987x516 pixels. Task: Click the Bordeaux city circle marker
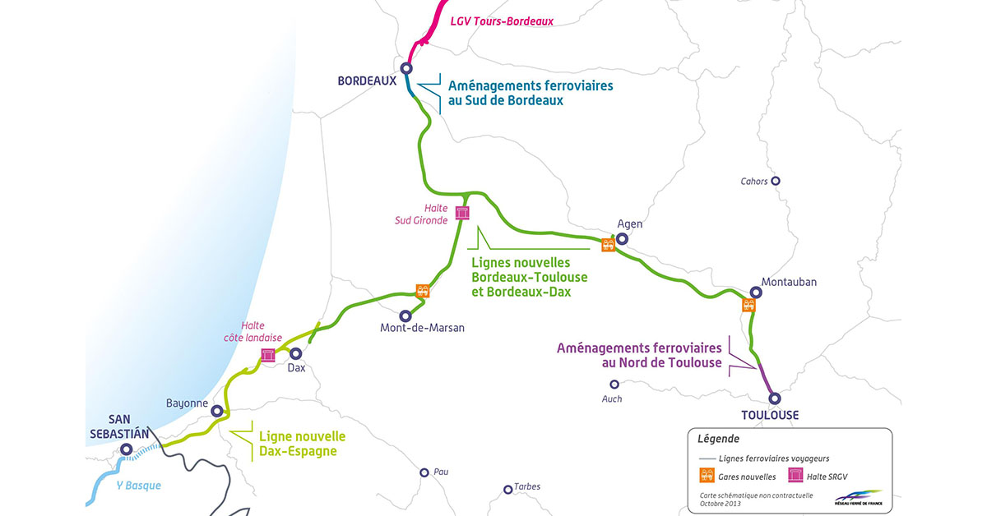tap(405, 69)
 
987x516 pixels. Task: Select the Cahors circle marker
tap(774, 182)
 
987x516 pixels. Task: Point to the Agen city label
tap(629, 223)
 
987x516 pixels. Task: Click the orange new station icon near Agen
tap(608, 244)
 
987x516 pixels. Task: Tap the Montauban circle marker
tap(755, 293)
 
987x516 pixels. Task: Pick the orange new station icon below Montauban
tap(748, 305)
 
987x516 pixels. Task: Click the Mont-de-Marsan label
tap(422, 328)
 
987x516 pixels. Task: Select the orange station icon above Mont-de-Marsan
tap(423, 290)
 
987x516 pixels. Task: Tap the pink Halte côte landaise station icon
tap(267, 355)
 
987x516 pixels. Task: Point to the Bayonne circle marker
tap(217, 411)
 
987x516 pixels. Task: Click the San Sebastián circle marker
tap(126, 449)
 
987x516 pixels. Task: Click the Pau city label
tap(442, 472)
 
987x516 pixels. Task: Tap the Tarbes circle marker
tap(508, 490)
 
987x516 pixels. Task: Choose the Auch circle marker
tap(614, 384)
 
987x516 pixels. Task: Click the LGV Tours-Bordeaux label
tap(502, 21)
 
